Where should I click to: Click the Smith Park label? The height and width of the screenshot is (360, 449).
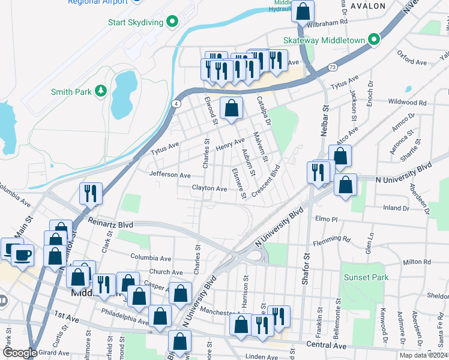coord(71,92)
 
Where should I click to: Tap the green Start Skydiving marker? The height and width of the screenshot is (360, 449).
coord(173,22)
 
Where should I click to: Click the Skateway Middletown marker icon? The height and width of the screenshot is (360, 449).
coord(375,40)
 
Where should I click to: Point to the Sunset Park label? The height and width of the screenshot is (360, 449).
coord(366,277)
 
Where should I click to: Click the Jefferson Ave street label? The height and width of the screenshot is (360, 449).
coord(170,175)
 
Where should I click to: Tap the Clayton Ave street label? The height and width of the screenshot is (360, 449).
coord(209,188)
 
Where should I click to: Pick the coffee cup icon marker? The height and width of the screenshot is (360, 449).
coord(23,254)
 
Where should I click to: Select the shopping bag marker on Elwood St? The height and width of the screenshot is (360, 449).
coord(232,109)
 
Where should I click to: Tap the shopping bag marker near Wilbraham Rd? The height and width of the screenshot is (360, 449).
coord(304,11)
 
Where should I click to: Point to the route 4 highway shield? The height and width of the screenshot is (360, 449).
coord(176,104)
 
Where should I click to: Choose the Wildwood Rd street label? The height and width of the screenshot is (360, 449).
coord(406,103)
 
